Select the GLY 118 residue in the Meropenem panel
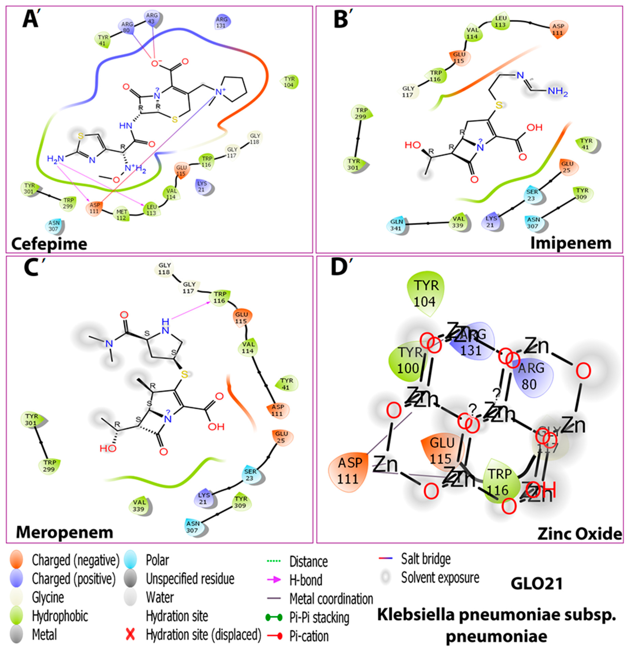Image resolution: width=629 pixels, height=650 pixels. coord(165,269)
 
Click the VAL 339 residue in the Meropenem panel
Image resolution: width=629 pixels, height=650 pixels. coord(140,505)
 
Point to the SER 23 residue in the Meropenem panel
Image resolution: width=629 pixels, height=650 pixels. coord(251,475)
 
